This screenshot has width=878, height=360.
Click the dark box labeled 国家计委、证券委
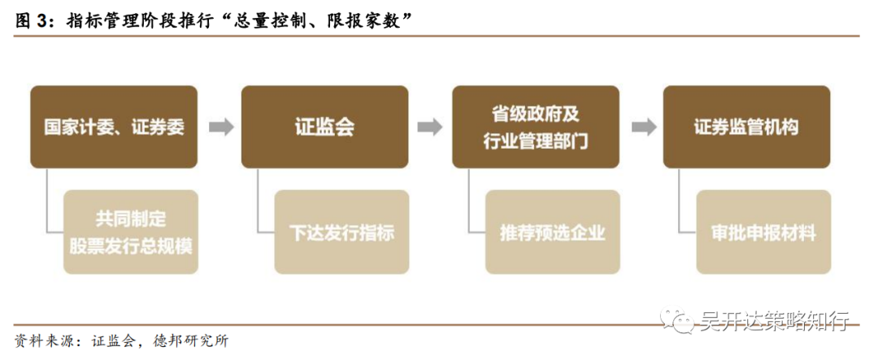tap(114, 128)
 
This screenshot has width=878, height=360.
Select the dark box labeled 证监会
tap(324, 128)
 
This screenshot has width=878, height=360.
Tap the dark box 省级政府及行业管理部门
tap(536, 128)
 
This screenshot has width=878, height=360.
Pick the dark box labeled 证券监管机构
tap(746, 128)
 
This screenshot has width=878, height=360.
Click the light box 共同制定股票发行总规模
tap(131, 232)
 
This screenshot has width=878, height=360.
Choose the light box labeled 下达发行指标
tap(341, 232)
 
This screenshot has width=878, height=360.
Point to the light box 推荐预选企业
tap(553, 232)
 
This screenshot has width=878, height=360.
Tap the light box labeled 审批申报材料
tap(763, 232)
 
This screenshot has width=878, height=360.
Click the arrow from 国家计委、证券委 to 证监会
tap(220, 128)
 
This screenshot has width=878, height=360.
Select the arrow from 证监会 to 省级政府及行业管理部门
tap(430, 128)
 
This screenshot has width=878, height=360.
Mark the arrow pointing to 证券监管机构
tap(641, 128)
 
